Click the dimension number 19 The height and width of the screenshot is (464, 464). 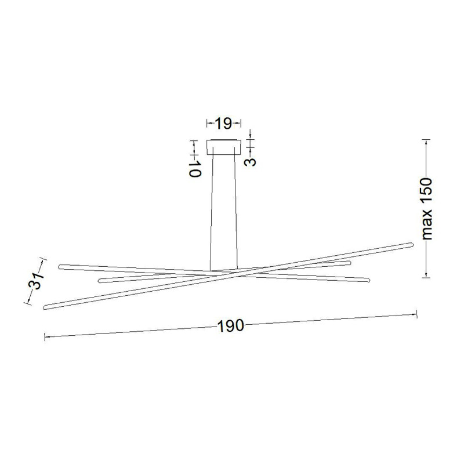coord(223,123)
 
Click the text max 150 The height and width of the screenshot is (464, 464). coord(427,209)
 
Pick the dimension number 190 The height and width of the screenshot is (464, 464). coord(230,326)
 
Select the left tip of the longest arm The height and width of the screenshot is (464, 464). coord(45,306)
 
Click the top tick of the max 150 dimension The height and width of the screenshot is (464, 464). coord(426,140)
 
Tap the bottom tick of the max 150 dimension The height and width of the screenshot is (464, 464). coord(426,277)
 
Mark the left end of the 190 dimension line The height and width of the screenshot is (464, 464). coord(45,336)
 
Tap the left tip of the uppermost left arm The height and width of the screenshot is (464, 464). coord(60,266)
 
